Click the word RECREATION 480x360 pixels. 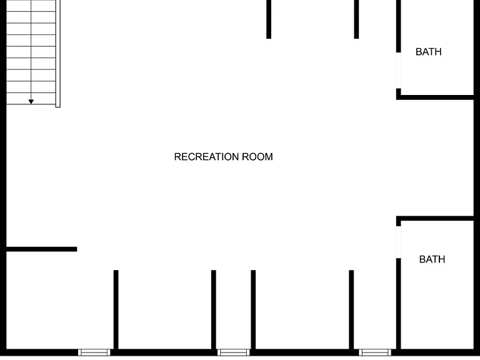(x=207, y=157)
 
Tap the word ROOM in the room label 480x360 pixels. (x=257, y=157)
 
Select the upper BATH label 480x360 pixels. (x=429, y=52)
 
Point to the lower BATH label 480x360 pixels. (x=432, y=259)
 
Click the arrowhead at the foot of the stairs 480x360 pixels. (x=31, y=102)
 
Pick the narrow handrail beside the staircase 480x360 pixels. (x=58, y=54)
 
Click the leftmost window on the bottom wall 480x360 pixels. (x=94, y=352)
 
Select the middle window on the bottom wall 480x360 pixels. (x=234, y=352)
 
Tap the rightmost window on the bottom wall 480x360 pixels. (x=375, y=352)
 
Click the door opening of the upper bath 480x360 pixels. (x=399, y=71)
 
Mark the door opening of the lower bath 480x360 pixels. (x=399, y=242)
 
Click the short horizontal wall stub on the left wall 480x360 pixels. (x=42, y=249)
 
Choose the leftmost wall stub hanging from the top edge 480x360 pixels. (x=269, y=19)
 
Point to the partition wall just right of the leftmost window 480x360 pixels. (x=116, y=309)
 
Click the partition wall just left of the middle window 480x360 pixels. (x=214, y=309)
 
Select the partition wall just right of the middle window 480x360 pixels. (x=253, y=309)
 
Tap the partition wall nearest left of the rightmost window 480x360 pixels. (x=351, y=309)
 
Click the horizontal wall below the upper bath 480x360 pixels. (x=435, y=97)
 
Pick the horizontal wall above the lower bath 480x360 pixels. (x=435, y=218)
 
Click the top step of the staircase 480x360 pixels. (x=31, y=6)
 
